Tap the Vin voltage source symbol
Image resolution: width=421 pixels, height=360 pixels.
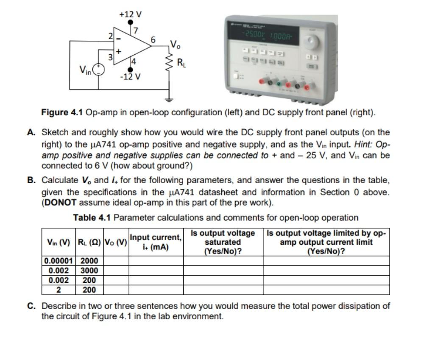pos(99,69)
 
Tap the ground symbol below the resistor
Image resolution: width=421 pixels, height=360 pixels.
pos(170,100)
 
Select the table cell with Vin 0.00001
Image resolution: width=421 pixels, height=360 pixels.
pos(59,261)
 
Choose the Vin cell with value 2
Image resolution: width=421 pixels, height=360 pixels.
pos(59,290)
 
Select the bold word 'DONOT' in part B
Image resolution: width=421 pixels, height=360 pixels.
pos(59,202)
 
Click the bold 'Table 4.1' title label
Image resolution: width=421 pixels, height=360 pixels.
pos(92,218)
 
